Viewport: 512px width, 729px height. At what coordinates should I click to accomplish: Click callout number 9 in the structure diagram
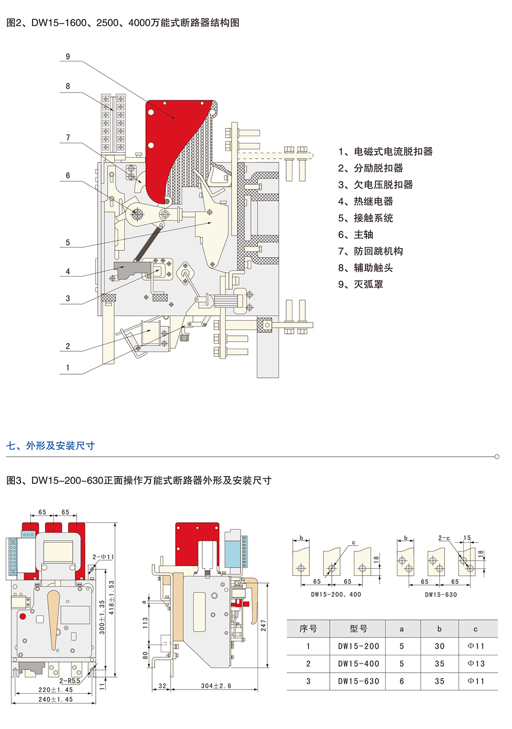68,57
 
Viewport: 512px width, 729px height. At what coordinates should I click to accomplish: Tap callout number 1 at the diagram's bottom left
68,368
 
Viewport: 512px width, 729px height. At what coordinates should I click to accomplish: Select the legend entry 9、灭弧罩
360,285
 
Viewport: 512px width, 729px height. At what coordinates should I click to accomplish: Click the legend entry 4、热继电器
366,202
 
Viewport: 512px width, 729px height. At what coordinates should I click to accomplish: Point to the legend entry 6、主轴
356,234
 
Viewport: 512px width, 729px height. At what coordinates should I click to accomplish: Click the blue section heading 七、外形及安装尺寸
51,445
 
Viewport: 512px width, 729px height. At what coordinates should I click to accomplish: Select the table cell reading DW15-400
358,663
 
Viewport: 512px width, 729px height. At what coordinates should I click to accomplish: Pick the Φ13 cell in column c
476,663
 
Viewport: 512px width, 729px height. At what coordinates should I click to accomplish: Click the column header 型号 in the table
358,629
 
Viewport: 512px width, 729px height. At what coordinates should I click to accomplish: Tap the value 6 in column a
401,681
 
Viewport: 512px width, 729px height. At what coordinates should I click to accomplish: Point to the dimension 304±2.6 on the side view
216,685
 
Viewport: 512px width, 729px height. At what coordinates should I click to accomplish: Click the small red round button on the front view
23,616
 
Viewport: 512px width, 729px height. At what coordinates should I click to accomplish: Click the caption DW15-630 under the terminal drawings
441,594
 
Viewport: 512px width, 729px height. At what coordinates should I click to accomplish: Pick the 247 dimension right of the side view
263,625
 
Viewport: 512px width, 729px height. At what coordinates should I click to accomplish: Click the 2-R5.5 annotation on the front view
69,681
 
